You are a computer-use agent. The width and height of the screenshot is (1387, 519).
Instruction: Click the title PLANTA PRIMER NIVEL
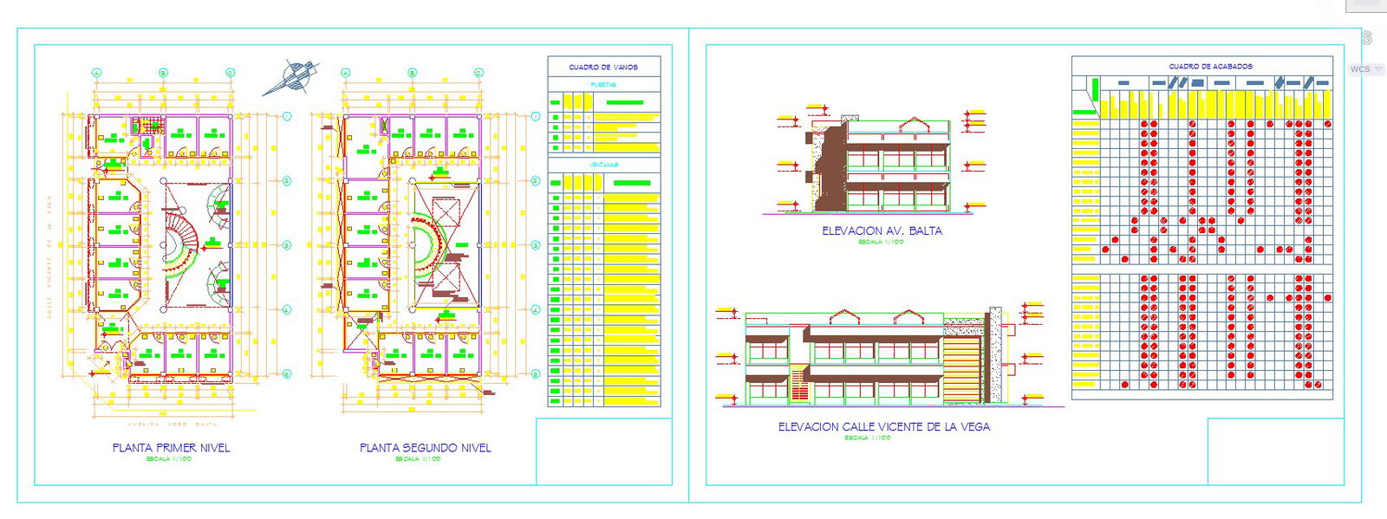[x=171, y=448]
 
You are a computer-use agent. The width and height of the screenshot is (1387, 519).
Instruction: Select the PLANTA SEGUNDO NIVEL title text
[x=425, y=448]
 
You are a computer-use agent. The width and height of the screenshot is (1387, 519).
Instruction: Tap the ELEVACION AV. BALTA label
[x=882, y=231]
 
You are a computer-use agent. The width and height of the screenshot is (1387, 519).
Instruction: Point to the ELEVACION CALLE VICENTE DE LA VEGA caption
[x=883, y=427]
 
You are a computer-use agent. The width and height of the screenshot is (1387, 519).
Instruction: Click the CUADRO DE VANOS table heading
[x=603, y=67]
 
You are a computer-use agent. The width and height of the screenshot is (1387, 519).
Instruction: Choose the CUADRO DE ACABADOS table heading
[x=1210, y=66]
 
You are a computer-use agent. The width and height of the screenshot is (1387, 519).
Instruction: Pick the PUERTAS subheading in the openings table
[x=603, y=85]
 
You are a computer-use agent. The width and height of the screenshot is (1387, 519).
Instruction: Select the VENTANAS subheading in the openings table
[x=603, y=165]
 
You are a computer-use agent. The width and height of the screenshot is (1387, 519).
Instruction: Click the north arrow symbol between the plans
[x=293, y=75]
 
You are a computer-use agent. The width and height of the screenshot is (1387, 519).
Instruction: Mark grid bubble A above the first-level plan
[x=97, y=73]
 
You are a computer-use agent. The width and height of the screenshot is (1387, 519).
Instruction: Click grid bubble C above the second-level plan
[x=479, y=73]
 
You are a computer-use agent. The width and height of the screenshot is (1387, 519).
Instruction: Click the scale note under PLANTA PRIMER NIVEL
[x=169, y=459]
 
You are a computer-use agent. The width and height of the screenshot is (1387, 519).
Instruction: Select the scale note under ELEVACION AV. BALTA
[x=881, y=243]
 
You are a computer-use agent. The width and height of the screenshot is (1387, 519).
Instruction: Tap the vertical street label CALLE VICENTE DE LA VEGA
[x=49, y=269]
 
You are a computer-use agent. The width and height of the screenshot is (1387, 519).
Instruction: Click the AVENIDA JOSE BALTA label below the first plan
[x=172, y=425]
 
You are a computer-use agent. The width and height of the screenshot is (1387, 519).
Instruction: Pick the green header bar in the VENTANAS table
[x=631, y=183]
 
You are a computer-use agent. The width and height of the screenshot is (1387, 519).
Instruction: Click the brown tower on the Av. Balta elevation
[x=831, y=165]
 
